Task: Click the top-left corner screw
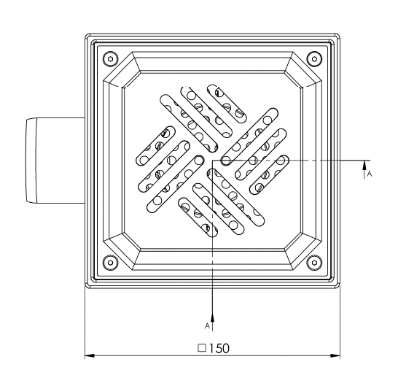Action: click(110, 59)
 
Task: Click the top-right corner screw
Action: click(314, 59)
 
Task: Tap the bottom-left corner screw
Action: click(110, 263)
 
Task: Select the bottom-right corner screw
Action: click(314, 263)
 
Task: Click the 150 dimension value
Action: click(219, 348)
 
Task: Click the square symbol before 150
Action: click(202, 348)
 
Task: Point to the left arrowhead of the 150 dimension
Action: click(90, 355)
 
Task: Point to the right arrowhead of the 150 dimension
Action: click(335, 355)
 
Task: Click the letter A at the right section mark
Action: click(370, 174)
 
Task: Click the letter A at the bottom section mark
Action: click(207, 325)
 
